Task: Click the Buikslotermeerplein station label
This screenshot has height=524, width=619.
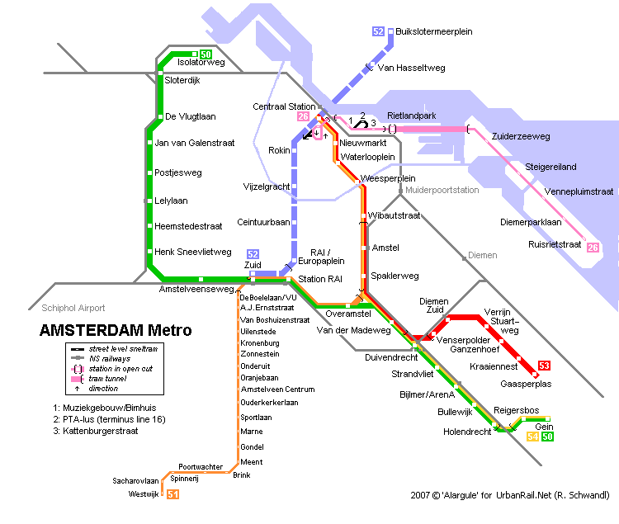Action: [434, 31]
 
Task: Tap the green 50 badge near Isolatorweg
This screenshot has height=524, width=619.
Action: [206, 54]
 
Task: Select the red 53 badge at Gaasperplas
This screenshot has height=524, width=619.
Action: [544, 366]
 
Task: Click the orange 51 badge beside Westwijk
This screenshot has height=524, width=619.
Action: [173, 494]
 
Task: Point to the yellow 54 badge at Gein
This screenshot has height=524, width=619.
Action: [532, 437]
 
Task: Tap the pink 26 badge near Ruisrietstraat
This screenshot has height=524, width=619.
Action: [593, 248]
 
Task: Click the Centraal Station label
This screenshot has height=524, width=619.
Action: [284, 106]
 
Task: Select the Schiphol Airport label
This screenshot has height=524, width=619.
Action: [73, 308]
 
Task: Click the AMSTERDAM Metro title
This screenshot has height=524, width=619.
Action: [116, 330]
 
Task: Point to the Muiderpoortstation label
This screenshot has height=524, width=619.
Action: [442, 190]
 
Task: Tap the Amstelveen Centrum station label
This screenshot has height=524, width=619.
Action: [278, 389]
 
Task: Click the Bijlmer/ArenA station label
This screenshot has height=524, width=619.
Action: [428, 394]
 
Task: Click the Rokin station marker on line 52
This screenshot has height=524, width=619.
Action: [294, 150]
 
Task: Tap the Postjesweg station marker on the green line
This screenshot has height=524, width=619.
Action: [149, 172]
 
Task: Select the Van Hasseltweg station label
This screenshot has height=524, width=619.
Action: [411, 68]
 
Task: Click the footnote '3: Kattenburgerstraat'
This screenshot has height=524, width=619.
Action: [96, 431]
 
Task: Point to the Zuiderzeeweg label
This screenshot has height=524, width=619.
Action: [521, 136]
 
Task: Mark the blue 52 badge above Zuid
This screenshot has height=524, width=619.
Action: [253, 254]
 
